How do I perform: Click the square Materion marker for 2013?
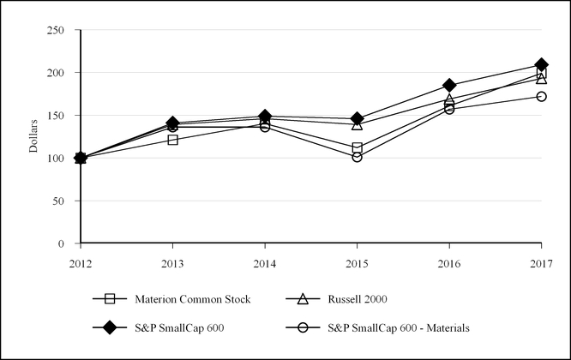[x=172, y=140]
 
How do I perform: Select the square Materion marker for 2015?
[x=357, y=148]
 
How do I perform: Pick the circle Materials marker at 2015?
[x=357, y=157]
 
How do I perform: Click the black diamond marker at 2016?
[x=449, y=85]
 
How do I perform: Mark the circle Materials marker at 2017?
[x=541, y=96]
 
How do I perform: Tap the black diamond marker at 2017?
[x=541, y=64]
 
